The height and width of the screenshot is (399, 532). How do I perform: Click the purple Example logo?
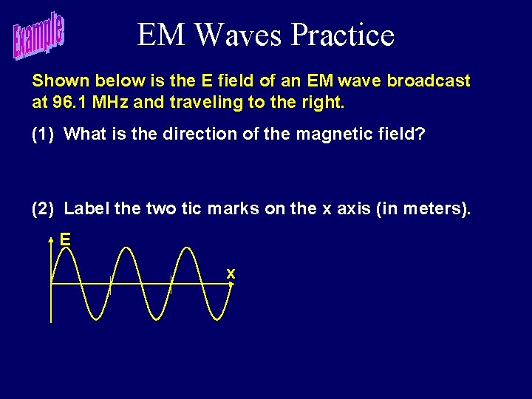click(x=38, y=37)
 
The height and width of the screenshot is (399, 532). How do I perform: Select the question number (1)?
click(x=44, y=134)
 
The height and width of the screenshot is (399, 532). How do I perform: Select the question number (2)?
click(x=44, y=209)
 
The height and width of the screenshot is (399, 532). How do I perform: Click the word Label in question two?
click(x=87, y=209)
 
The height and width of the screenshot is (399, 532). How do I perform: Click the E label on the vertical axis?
click(x=65, y=240)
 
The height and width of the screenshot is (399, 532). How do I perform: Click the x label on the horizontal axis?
click(x=231, y=274)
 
